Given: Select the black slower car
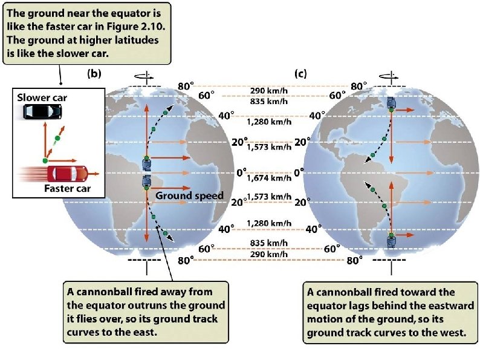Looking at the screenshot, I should point(42,112).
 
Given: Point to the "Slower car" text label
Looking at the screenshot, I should point(42,98).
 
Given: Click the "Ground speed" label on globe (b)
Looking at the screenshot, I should point(190,196).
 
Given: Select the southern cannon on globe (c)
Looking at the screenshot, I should point(392,241).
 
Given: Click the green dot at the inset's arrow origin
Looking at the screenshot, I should point(45,160).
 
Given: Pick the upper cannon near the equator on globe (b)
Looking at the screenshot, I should point(147,163).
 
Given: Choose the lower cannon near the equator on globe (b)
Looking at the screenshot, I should point(147,182).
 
